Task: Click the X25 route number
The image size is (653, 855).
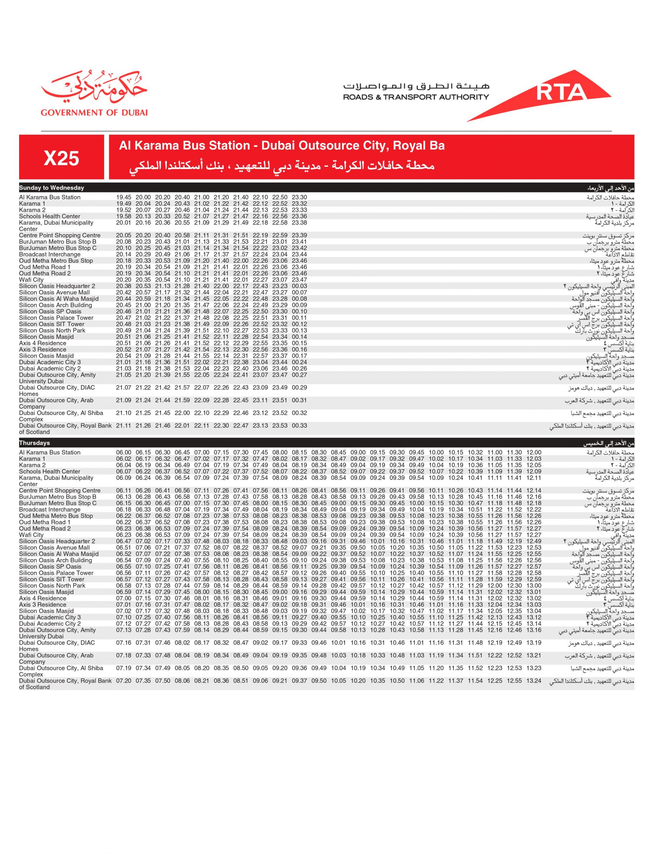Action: point(61,158)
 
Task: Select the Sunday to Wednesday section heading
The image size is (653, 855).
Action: point(52,188)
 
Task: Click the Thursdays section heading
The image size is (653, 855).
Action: point(35,443)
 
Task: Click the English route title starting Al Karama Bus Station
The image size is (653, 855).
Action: point(282,146)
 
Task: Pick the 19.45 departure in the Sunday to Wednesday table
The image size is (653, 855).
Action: point(124,197)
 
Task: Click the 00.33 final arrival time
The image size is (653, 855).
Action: point(299,426)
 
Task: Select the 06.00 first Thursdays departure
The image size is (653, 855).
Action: point(124,453)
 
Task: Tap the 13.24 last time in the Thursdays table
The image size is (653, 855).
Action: point(534,681)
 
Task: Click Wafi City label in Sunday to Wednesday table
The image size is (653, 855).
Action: point(31,280)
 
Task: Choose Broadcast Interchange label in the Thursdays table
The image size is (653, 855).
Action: point(50,510)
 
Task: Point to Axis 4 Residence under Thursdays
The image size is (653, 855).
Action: point(43,598)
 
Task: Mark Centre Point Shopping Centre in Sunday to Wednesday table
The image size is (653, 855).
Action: point(59,235)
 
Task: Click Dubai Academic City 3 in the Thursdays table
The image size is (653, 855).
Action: point(50,618)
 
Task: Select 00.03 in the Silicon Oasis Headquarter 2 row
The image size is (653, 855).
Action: point(299,286)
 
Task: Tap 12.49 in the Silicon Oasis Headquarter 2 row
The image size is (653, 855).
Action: point(534,541)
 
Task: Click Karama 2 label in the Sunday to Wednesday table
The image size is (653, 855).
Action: point(32,210)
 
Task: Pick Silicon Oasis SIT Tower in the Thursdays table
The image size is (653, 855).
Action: point(52,579)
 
